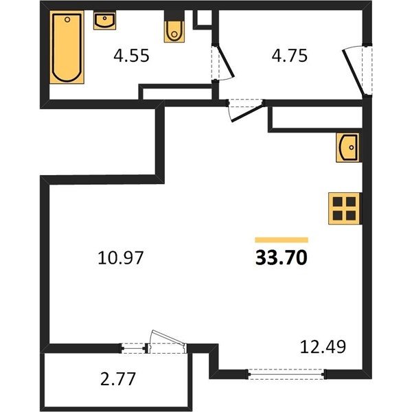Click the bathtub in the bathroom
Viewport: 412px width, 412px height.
pyautogui.click(x=67, y=47)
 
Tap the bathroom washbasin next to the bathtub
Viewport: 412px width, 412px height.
pyautogui.click(x=105, y=20)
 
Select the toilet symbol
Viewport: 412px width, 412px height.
pyautogui.click(x=174, y=31)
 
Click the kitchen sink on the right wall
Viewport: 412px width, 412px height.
pyautogui.click(x=347, y=148)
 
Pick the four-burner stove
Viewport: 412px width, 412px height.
pyautogui.click(x=344, y=209)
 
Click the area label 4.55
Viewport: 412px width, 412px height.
pyautogui.click(x=131, y=56)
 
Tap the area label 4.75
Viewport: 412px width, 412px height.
pyautogui.click(x=289, y=56)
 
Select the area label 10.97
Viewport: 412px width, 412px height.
pyautogui.click(x=120, y=257)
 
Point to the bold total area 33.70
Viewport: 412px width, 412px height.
pyautogui.click(x=281, y=257)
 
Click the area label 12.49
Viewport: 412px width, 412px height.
pyautogui.click(x=323, y=347)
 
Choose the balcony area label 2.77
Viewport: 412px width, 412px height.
pyautogui.click(x=118, y=378)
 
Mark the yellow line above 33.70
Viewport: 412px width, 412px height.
pyautogui.click(x=282, y=240)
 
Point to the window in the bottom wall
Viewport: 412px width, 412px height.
pyautogui.click(x=286, y=374)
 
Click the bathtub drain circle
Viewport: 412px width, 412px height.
pyautogui.click(x=67, y=19)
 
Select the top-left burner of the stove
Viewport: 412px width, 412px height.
pyautogui.click(x=337, y=202)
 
